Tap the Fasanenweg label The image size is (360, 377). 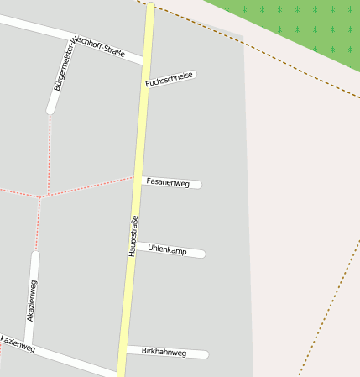tap(168, 182)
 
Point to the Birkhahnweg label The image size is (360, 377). tap(164, 352)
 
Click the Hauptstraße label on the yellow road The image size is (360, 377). tap(133, 236)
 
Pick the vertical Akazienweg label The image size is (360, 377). tap(32, 301)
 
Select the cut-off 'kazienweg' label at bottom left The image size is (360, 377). tap(17, 343)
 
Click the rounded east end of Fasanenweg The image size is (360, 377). tap(199, 185)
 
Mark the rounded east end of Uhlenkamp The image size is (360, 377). tap(202, 254)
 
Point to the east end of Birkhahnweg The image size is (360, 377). tap(205, 355)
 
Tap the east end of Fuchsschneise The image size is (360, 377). tap(194, 75)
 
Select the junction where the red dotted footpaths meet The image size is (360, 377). tap(41, 197)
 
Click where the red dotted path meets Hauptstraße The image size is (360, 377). tap(134, 177)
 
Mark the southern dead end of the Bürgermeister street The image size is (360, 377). tap(51, 110)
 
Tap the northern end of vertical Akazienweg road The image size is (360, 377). tap(35, 254)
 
